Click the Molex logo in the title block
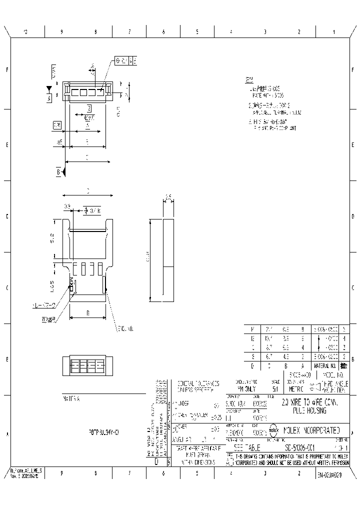click(x=273, y=429)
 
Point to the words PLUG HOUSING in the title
click(x=307, y=410)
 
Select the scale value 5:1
click(x=274, y=388)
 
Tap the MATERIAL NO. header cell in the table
click(x=327, y=366)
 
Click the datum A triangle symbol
click(x=49, y=89)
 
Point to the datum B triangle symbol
click(x=64, y=172)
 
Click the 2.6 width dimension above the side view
click(x=168, y=195)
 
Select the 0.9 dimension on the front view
click(x=67, y=206)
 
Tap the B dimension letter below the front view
click(x=88, y=313)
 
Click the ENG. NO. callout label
click(x=124, y=328)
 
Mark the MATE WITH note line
click(x=268, y=94)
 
